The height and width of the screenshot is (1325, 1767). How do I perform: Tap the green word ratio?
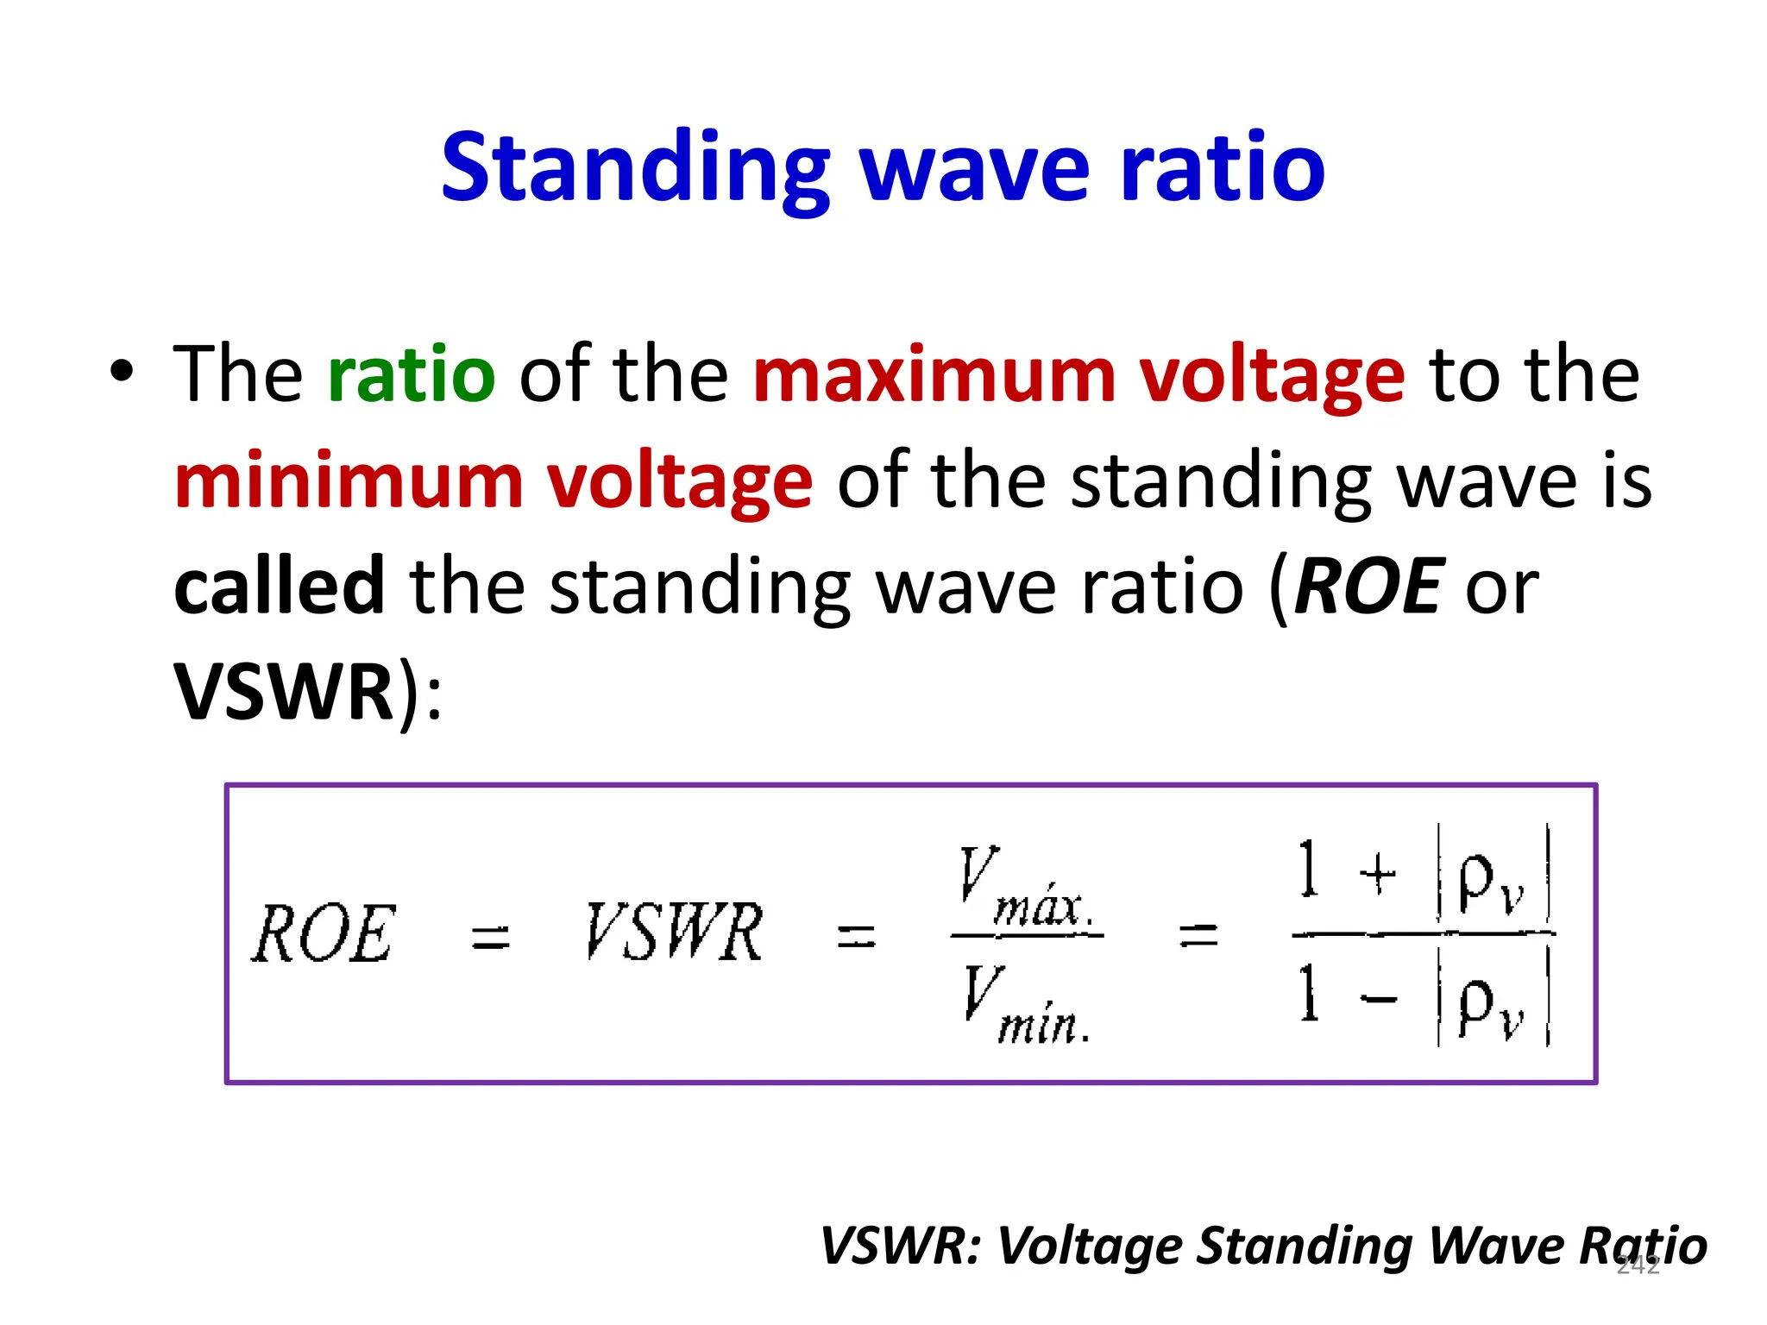(x=412, y=374)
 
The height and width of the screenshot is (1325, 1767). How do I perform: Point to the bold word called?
(x=279, y=587)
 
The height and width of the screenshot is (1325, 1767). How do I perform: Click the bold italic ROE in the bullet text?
(x=1367, y=587)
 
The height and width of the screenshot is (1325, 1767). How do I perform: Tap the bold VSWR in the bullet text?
(x=284, y=693)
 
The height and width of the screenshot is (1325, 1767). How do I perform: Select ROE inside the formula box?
(x=324, y=933)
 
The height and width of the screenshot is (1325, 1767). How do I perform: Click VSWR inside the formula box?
(x=674, y=932)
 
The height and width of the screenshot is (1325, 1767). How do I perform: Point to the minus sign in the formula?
(x=1378, y=1000)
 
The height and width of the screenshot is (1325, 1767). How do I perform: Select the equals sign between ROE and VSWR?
(x=491, y=937)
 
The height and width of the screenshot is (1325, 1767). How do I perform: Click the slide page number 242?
(x=1638, y=1265)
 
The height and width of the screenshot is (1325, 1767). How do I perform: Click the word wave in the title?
(x=975, y=169)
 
